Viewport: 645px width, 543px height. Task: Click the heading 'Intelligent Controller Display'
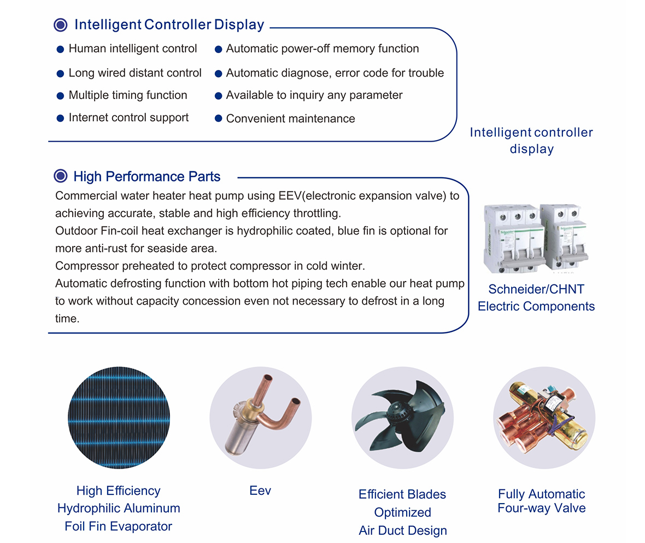169,25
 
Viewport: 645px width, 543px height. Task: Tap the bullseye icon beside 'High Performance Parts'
61,176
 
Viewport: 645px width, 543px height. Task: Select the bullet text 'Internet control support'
128,118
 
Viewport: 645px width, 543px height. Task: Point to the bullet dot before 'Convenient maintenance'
219,119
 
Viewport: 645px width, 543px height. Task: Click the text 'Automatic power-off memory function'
322,49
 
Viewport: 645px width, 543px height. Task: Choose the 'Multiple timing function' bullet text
128,95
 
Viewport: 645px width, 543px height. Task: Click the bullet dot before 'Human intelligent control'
60,49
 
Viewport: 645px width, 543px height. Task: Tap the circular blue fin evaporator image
119,418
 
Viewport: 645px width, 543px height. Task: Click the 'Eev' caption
260,491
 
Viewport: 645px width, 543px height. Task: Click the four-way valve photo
544,418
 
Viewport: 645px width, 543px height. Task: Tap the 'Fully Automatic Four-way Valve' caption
542,501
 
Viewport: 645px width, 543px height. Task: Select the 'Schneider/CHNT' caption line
536,289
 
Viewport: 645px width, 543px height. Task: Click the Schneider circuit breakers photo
536,238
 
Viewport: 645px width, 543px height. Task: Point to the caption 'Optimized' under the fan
403,512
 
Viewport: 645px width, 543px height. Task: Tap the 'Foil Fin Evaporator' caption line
119,526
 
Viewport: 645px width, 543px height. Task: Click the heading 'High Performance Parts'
147,177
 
